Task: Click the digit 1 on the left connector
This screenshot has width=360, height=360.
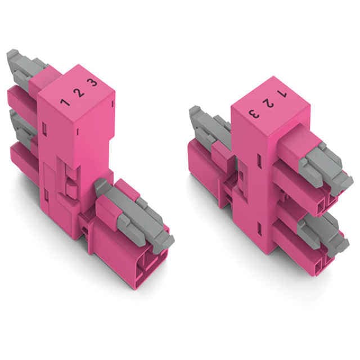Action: [66, 102]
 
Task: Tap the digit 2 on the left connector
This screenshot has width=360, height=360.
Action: [79, 93]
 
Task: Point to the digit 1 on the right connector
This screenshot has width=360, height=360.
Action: [282, 94]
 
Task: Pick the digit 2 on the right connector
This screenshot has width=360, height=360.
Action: [268, 103]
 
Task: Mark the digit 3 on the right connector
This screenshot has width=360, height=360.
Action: [254, 114]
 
